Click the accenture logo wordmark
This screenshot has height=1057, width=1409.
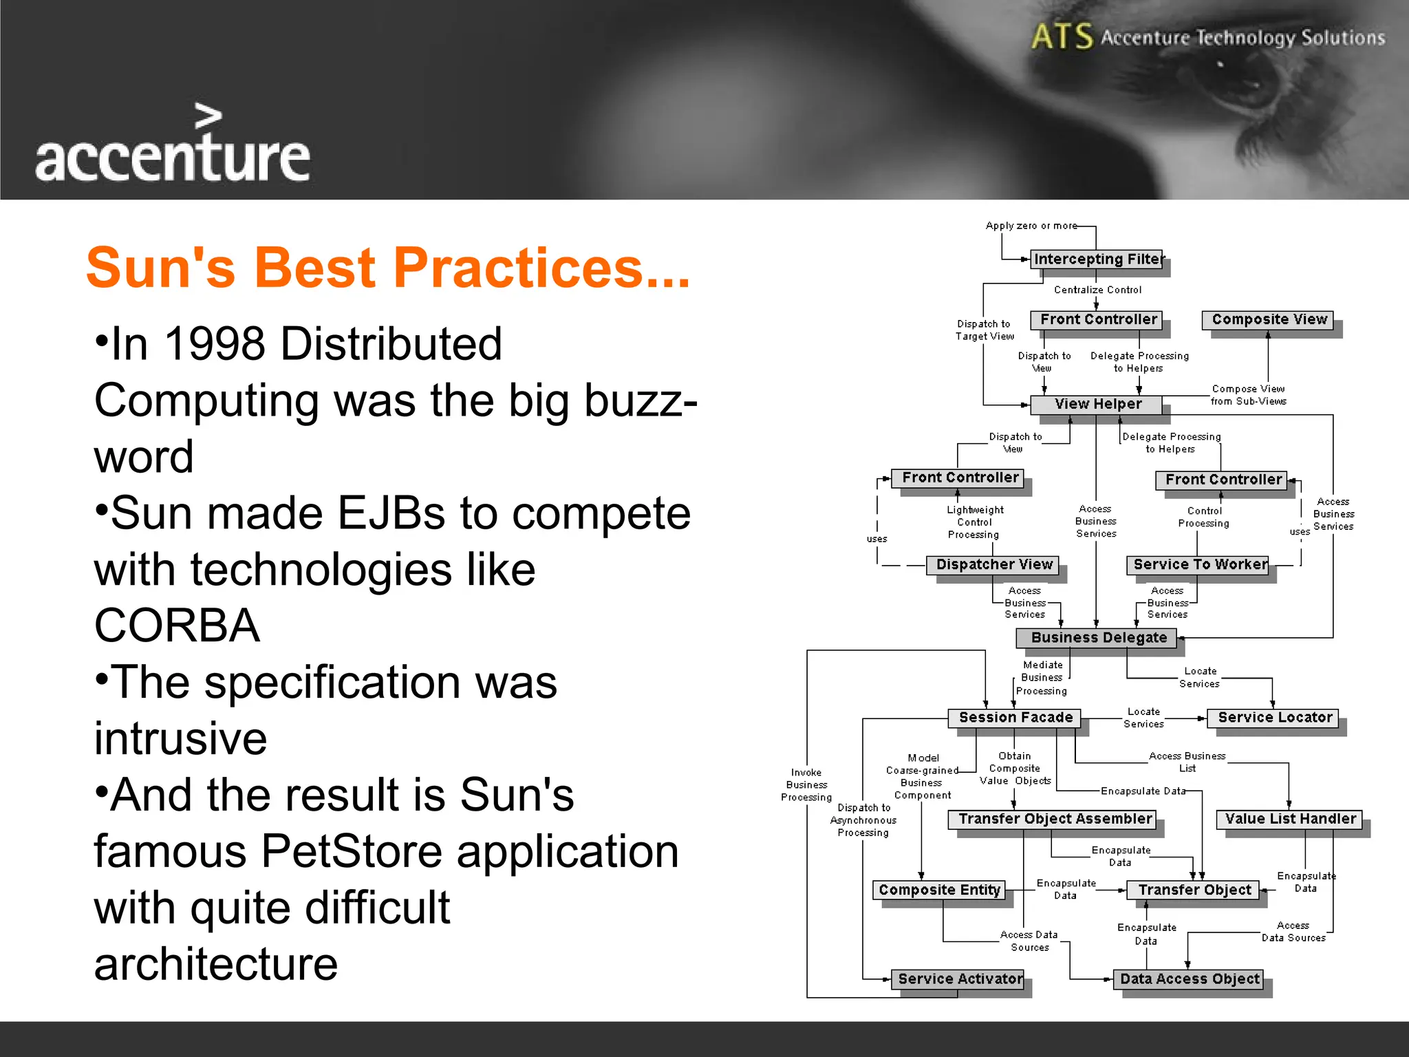click(172, 157)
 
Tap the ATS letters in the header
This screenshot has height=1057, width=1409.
click(1062, 36)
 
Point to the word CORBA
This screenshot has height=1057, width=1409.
click(177, 626)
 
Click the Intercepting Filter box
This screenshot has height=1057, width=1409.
click(1097, 259)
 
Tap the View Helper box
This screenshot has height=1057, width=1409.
click(1097, 405)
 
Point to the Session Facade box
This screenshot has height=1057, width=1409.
click(1015, 718)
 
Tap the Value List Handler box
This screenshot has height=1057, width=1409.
click(1289, 819)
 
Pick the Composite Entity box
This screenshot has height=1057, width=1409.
click(938, 890)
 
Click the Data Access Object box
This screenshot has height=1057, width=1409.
click(1189, 979)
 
